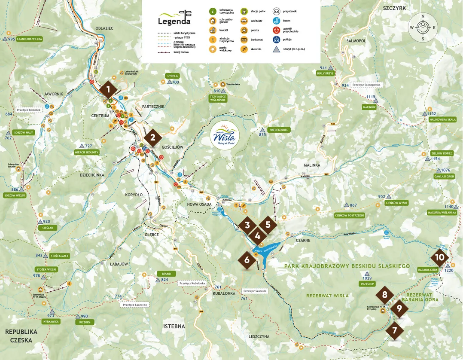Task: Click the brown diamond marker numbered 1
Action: pos(109,90)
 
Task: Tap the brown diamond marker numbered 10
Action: pos(440,258)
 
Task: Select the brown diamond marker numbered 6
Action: pos(247,260)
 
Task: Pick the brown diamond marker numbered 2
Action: pos(152,138)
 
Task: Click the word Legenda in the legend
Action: pos(174,21)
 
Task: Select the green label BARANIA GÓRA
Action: pos(427,270)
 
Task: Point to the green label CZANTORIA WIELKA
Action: pos(29,39)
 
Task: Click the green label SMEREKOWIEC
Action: pos(279,129)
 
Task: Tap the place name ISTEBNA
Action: pos(174,326)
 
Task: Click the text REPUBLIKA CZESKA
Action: pos(21,336)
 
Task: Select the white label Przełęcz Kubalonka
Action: pos(192,283)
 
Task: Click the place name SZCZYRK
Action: pos(394,8)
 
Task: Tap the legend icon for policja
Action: pos(276,40)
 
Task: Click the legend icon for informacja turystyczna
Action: pos(212,11)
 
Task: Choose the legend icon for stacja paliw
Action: pos(244,11)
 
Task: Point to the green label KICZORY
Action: pos(84,322)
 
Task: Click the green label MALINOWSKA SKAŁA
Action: pos(442,119)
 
